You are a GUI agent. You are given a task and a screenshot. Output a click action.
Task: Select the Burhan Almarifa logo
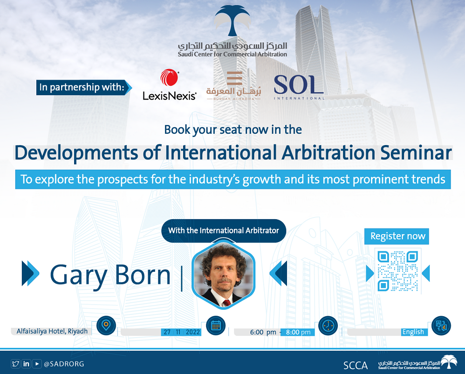point(234,86)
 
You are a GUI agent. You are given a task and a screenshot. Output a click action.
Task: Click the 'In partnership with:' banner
point(84,87)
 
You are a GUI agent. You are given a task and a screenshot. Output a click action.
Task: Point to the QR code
point(398,271)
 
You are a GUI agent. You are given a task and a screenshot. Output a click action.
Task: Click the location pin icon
point(106,326)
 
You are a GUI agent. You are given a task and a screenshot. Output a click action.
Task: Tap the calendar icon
point(216,326)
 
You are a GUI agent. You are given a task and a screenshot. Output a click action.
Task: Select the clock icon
point(328,326)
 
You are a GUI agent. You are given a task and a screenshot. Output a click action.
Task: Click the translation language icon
point(441,326)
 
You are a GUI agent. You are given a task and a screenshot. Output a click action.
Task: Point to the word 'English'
point(413,332)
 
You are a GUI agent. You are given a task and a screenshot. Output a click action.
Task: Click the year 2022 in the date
point(193,332)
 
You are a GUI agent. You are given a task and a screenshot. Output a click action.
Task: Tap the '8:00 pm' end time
point(298,332)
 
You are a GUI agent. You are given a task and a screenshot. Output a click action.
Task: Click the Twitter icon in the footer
point(15,364)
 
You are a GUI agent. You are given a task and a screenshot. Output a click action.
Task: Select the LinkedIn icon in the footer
point(26,364)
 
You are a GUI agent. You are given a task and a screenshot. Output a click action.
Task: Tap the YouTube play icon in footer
point(37,364)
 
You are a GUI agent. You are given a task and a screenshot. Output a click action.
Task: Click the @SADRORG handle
point(64,364)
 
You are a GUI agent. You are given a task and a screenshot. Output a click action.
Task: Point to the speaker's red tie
point(226,303)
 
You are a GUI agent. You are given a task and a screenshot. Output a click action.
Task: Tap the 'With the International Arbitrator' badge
point(224,230)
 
